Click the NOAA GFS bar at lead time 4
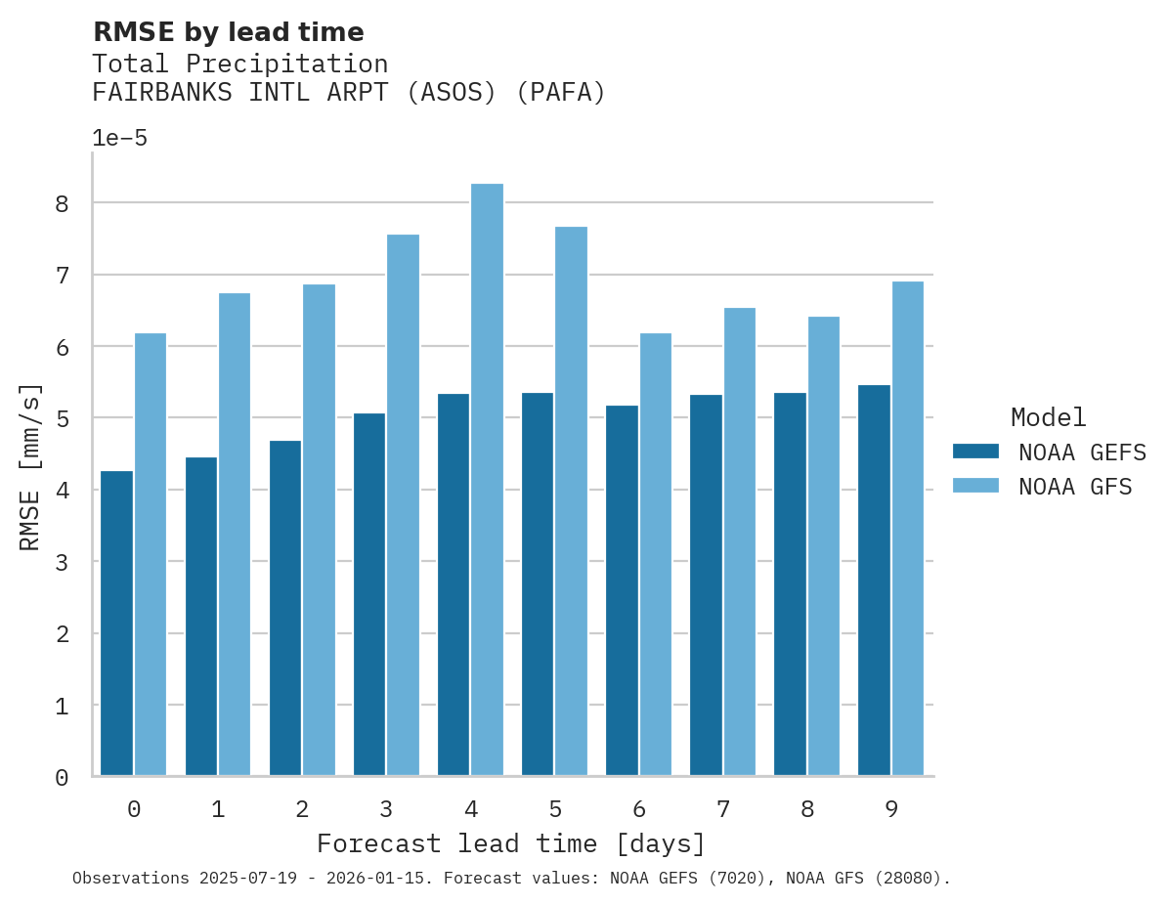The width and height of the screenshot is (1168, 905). tap(487, 479)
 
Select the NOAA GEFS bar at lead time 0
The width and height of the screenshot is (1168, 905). tap(116, 624)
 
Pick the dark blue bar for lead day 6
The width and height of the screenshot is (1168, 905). tap(622, 590)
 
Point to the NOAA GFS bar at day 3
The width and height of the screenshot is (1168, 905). tap(403, 504)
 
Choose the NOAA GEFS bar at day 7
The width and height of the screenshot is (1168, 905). tap(706, 584)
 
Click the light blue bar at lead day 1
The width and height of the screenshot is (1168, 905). tap(235, 534)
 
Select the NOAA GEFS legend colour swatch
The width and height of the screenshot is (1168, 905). tap(975, 452)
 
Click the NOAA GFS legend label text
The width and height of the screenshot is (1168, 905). tap(1075, 486)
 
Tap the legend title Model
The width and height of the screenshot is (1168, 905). tap(1048, 417)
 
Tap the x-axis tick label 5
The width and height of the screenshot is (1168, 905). tap(555, 809)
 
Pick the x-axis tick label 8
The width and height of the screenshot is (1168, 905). tap(807, 809)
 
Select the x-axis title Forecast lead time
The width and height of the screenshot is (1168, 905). tap(510, 843)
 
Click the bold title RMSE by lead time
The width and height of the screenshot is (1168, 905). tap(228, 32)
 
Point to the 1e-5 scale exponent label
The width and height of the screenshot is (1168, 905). tap(119, 138)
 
